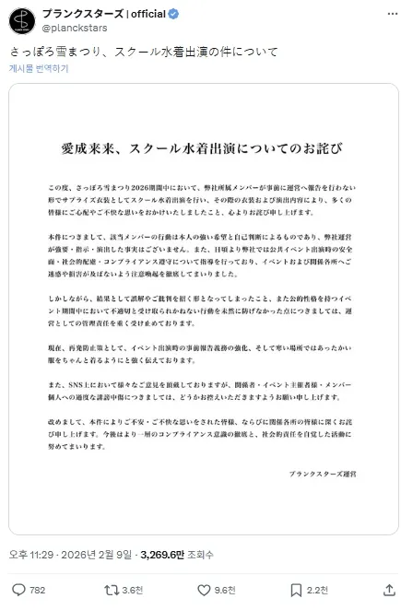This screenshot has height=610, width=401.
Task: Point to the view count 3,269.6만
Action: [165, 554]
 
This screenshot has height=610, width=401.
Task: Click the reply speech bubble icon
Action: [18, 590]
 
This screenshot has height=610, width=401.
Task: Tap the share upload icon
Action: [383, 590]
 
